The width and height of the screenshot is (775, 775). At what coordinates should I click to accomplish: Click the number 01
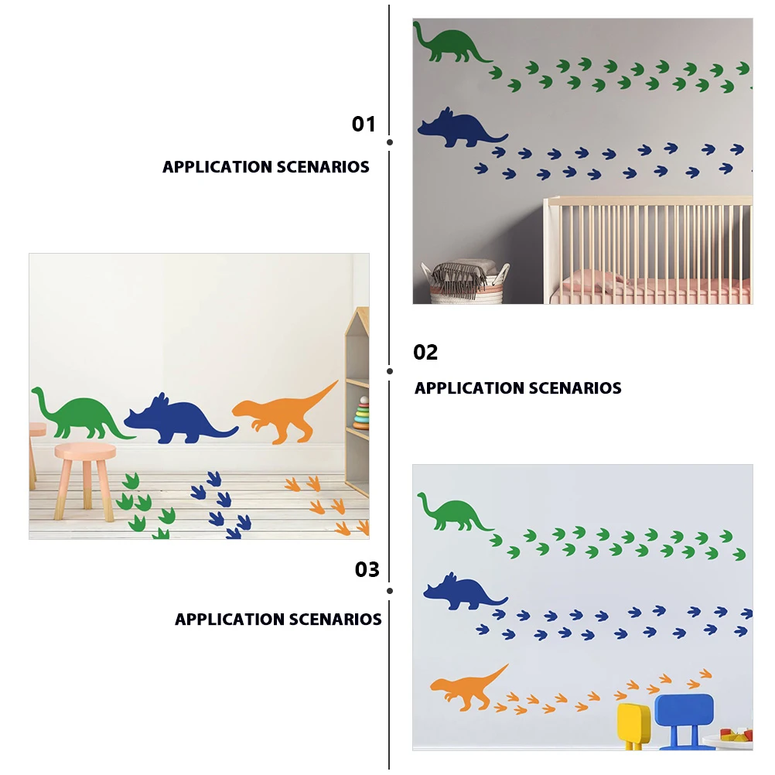tap(364, 124)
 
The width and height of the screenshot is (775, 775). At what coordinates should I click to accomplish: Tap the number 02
tap(425, 353)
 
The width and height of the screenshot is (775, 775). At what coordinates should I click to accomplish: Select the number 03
tap(367, 570)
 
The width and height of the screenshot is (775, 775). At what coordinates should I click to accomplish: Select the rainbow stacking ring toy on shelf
tap(361, 414)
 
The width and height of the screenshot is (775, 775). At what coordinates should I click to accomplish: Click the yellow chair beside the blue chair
tap(633, 723)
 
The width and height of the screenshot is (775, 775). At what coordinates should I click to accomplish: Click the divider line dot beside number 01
tap(389, 142)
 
